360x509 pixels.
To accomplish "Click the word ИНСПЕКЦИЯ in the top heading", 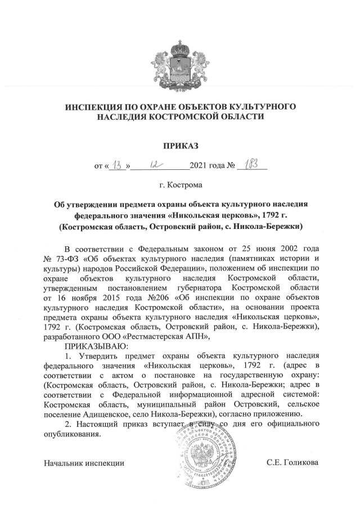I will pyautogui.click(x=99, y=106).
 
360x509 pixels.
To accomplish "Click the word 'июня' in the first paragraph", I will pyautogui.click(x=255, y=248).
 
